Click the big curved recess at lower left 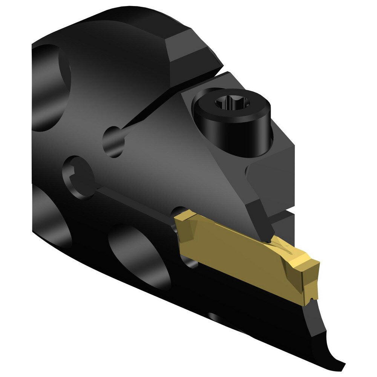coord(49,226)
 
